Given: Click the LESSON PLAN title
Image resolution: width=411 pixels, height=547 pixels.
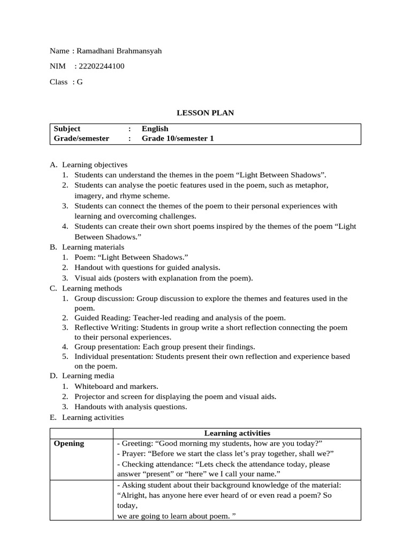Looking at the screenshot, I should [205, 113].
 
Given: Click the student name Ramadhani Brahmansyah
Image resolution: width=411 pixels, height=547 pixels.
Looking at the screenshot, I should [119, 51].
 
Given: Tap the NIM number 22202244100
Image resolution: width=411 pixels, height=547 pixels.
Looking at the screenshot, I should [101, 66].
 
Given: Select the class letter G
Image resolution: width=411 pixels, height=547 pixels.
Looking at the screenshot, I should [80, 82].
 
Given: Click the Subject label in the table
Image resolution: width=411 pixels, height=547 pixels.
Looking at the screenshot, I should [67, 129].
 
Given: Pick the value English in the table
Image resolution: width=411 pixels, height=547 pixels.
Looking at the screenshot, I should [155, 129].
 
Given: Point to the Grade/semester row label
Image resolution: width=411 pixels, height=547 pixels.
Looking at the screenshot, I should [81, 138].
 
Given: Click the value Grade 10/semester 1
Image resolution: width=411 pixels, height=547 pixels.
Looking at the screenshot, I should [178, 138].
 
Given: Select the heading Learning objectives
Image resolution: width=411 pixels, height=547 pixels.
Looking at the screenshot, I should [95, 165].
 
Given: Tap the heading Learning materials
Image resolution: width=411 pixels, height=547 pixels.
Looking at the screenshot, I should [93, 247].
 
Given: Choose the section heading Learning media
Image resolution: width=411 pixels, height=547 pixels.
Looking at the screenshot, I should [88, 376].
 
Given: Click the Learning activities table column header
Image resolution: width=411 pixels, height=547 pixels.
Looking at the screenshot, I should [237, 433].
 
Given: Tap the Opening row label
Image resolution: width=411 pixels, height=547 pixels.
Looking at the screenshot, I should [69, 443].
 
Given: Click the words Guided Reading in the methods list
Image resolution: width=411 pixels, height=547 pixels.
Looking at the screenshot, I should [101, 317].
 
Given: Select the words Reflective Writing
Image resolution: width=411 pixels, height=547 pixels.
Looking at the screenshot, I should [104, 327].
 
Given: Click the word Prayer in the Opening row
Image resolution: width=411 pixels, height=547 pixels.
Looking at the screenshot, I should [133, 454].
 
